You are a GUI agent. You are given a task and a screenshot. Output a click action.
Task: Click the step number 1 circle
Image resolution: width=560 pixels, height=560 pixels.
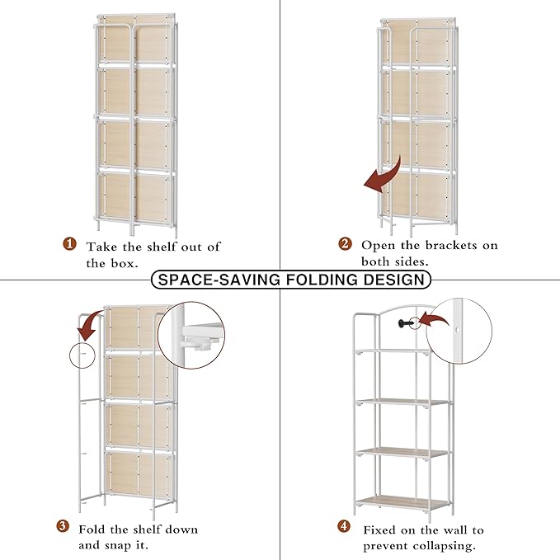tap(70, 245)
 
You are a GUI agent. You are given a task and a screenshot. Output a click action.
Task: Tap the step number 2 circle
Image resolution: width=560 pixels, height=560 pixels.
tap(346, 244)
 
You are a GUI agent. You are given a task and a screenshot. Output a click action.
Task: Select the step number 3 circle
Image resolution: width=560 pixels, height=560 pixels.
tap(63, 528)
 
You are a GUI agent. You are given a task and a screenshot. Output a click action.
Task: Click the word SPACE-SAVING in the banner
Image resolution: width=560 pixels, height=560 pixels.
tap(217, 280)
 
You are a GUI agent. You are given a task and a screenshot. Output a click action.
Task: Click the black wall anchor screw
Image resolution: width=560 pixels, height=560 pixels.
tap(401, 322)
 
